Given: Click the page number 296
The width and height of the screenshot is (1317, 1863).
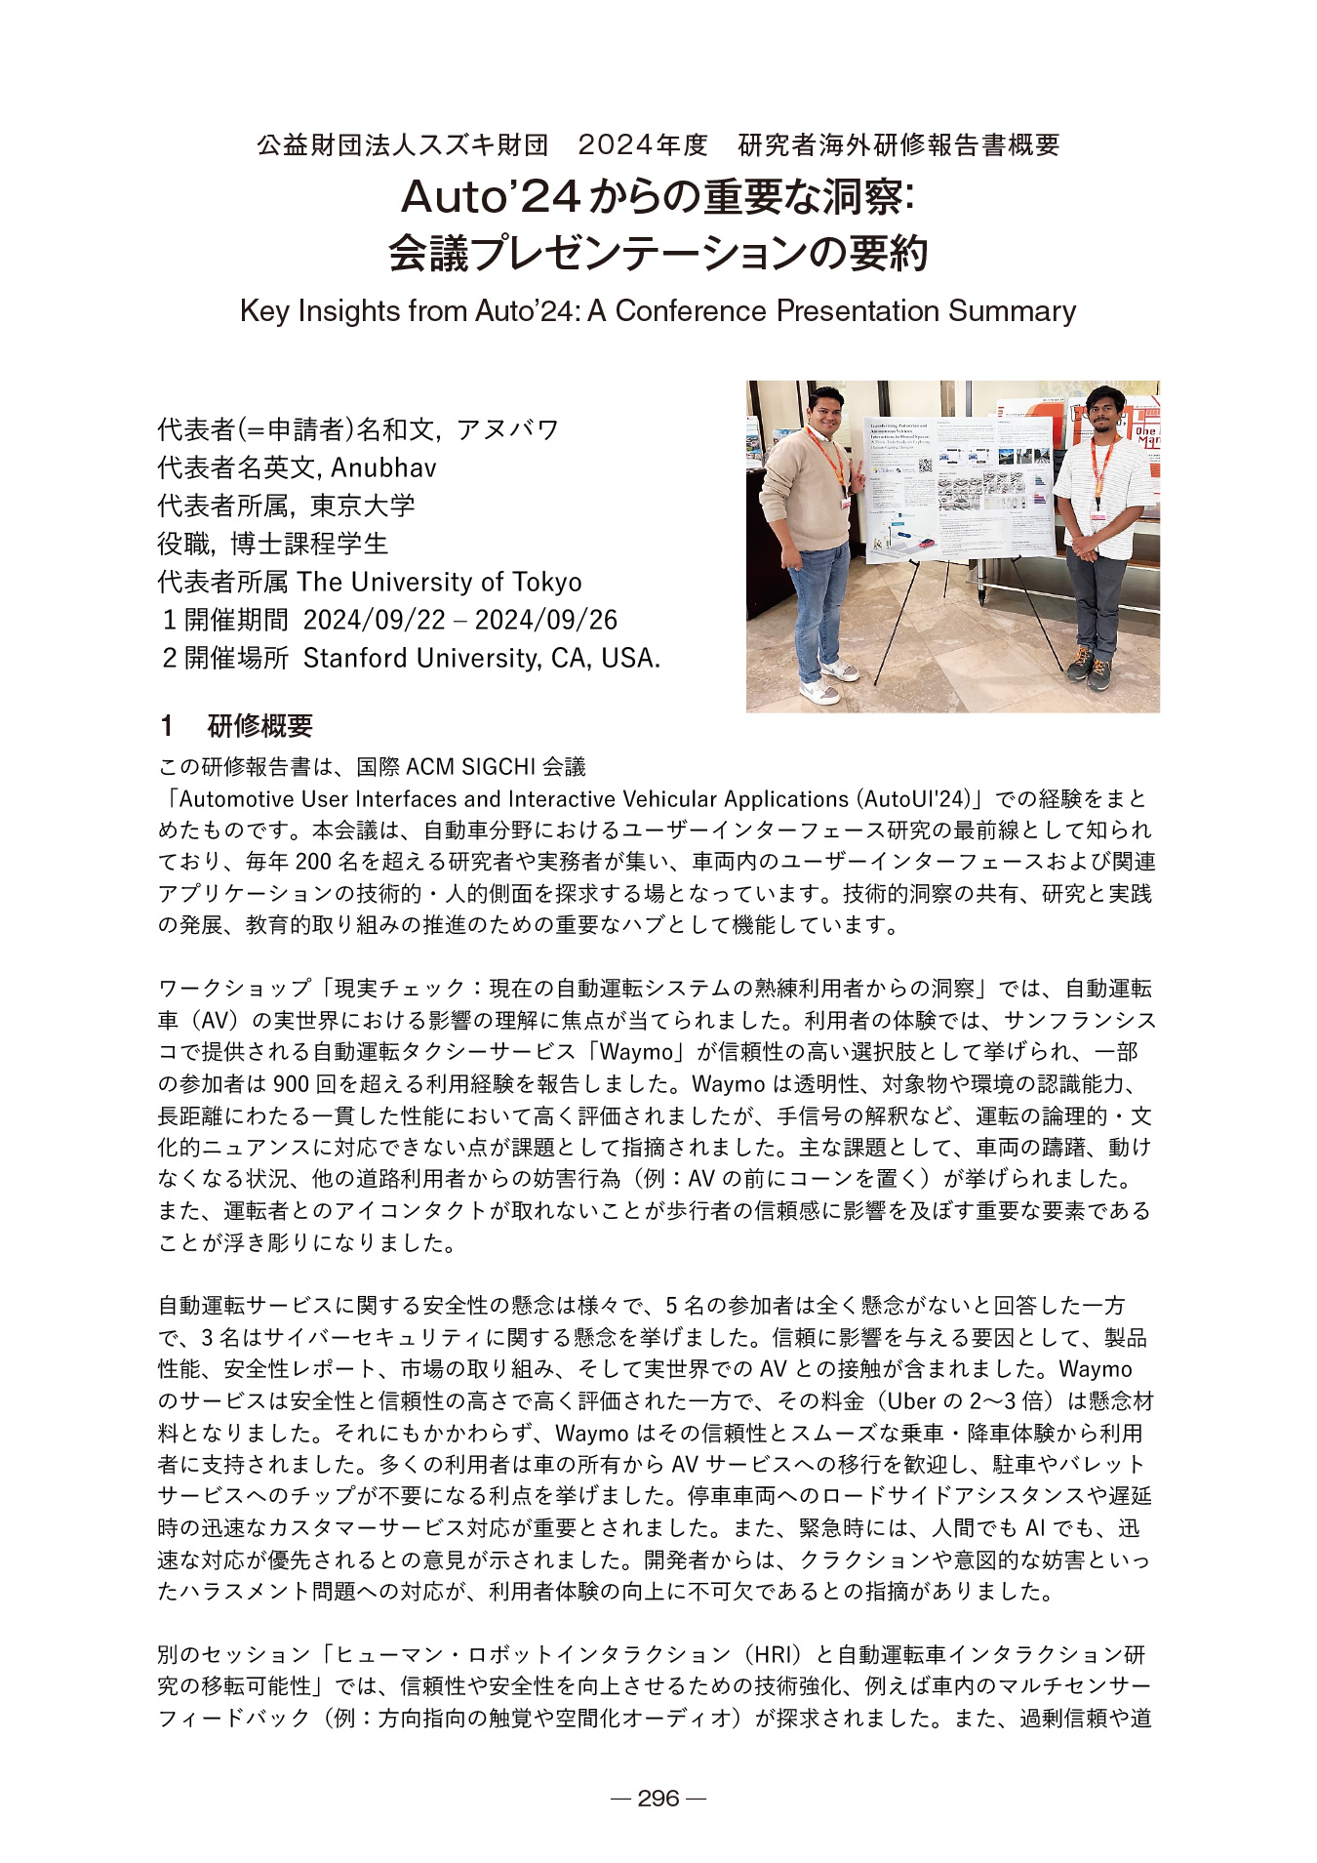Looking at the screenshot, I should (x=658, y=1798).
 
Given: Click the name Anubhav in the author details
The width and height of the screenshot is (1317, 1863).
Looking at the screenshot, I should (x=383, y=467).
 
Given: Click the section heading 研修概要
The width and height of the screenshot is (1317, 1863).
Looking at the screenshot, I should (x=259, y=725).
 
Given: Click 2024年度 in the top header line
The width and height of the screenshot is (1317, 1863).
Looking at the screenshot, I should (x=643, y=145).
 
